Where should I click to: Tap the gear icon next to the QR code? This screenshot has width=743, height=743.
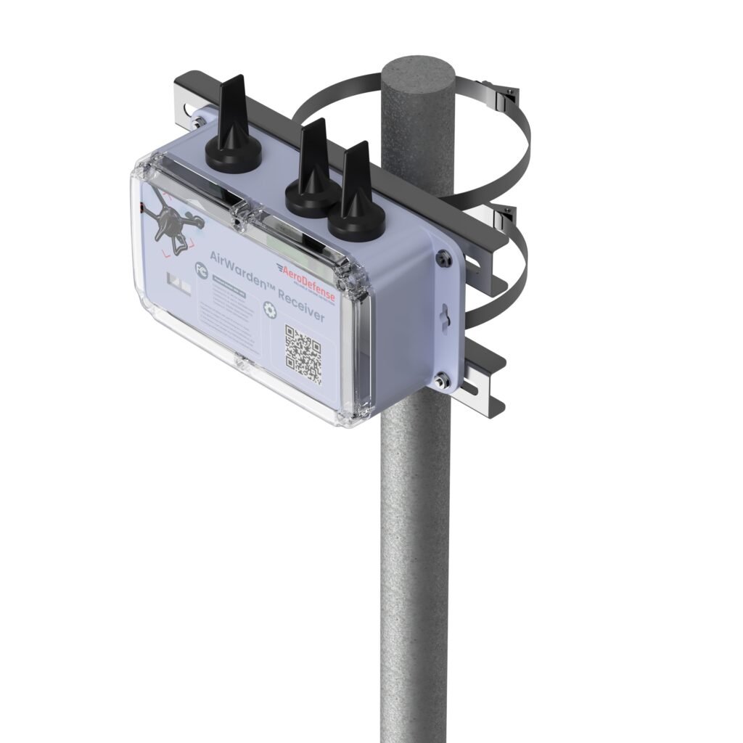pyautogui.click(x=269, y=309)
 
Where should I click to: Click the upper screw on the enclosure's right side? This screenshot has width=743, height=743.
pyautogui.click(x=441, y=255)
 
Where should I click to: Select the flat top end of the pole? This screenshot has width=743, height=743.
pyautogui.click(x=418, y=73)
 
